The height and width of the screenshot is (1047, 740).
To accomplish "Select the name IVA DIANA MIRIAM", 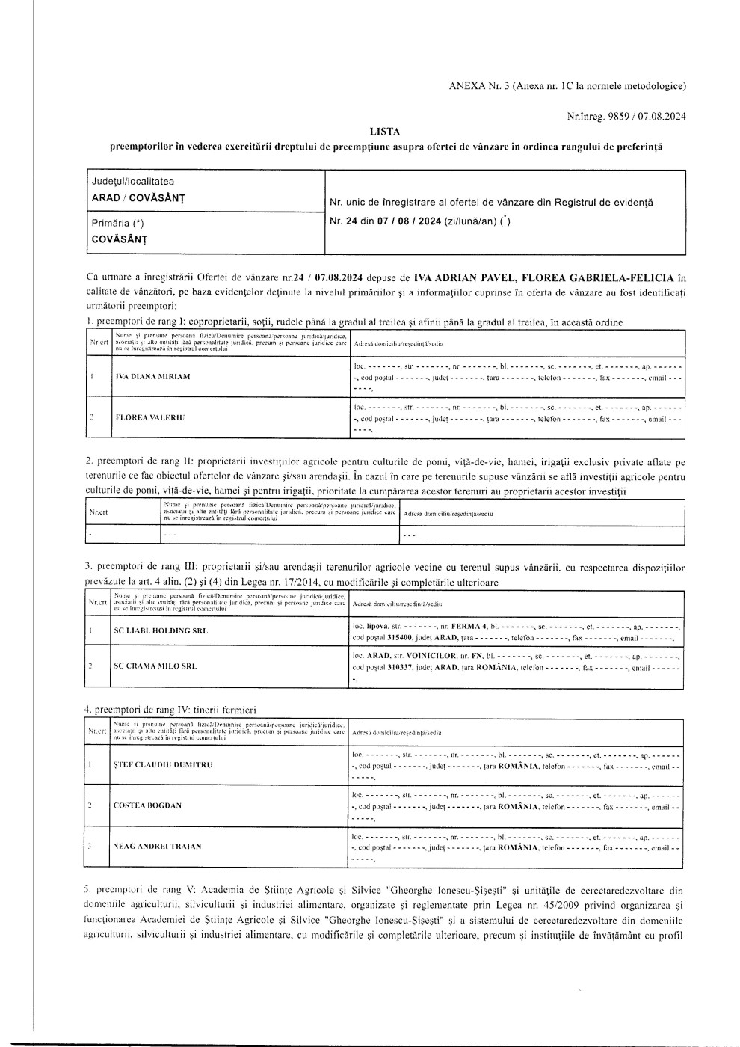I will pos(152,376).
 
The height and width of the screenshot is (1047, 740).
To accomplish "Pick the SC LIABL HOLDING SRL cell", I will pos(161,630).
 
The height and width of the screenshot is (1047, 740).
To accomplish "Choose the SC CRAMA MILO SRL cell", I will pos(155,666).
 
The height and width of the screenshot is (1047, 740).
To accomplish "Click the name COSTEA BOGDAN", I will pos(147,805).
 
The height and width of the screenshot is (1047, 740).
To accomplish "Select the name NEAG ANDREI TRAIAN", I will pos(157,847).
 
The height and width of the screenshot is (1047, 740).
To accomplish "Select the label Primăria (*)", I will pos(118,223).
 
